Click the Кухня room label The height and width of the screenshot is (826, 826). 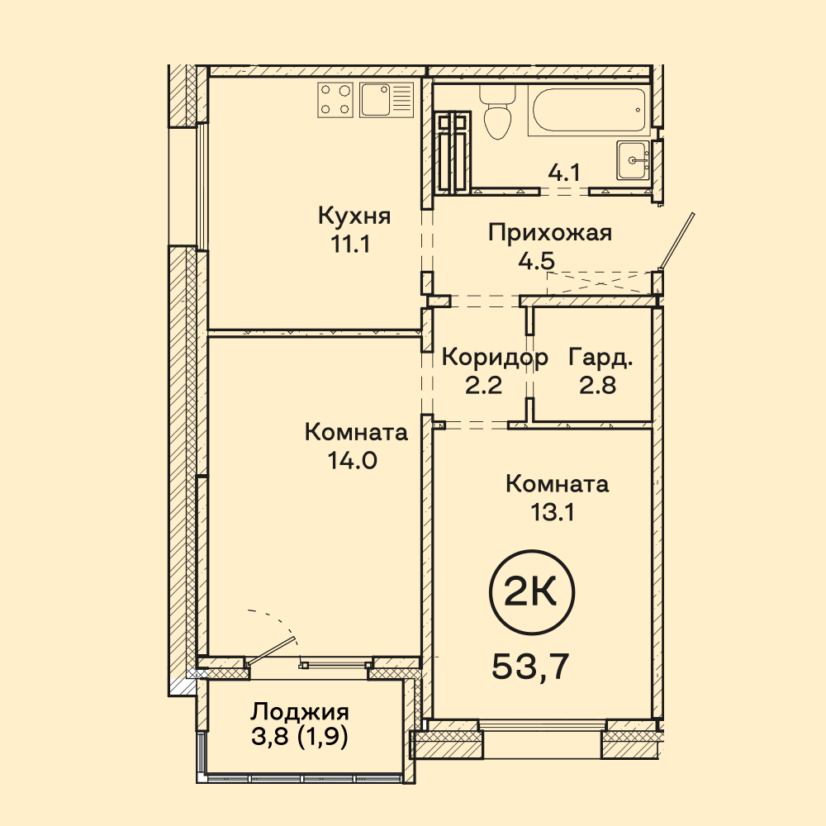coord(354,216)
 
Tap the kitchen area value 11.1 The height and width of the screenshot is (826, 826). coord(350,244)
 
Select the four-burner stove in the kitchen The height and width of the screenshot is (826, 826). coord(335,100)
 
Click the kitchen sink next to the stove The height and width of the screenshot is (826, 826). coord(386,100)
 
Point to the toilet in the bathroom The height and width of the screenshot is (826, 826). coord(497,111)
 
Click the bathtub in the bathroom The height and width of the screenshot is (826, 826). coord(588,111)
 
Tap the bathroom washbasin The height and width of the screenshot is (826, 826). coord(634,159)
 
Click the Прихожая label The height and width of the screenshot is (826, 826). coord(550,233)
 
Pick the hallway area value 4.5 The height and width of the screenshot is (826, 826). coord(536,262)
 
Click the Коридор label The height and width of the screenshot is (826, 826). coord(495,358)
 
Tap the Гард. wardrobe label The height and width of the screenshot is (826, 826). coord(601,358)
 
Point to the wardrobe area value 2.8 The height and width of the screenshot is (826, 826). coord(598,386)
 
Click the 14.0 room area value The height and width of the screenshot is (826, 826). coord(353,461)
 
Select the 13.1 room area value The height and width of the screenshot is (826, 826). coord(552,511)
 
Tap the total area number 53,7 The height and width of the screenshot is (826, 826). coord(531,667)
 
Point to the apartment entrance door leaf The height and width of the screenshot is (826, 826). coord(678,241)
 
